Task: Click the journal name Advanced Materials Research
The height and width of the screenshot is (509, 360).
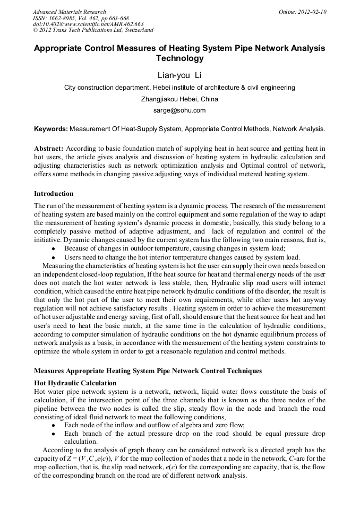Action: coord(69,12)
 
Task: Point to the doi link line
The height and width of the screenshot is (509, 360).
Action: coord(88,24)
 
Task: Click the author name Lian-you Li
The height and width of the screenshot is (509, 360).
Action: coord(179,75)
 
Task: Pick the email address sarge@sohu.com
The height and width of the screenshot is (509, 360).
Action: coord(179,110)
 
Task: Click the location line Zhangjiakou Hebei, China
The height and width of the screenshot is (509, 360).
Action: coord(179,99)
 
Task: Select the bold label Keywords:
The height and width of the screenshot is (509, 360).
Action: coord(50,129)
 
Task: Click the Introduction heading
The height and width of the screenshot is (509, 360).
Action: coord(54,194)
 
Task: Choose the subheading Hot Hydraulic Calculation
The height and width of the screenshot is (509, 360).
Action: coord(75,383)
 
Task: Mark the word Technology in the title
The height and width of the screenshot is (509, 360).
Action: coord(179,59)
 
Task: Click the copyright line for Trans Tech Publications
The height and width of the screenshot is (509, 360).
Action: coord(93,30)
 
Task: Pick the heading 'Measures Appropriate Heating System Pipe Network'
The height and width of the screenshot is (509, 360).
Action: coord(148,370)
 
